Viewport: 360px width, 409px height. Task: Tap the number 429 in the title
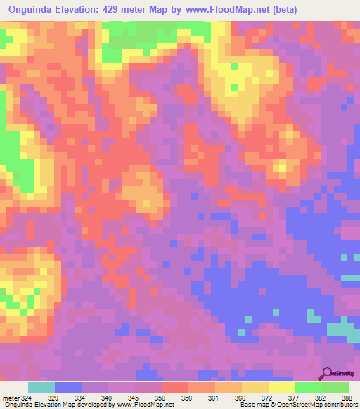click(x=114, y=10)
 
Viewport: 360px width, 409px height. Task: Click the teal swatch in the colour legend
click(x=41, y=388)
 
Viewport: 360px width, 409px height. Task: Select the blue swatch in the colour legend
click(x=68, y=388)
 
